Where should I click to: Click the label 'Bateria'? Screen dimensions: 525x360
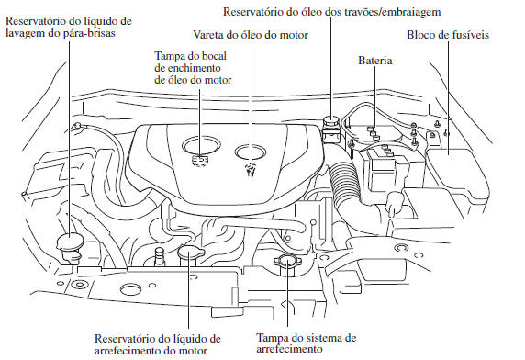point(375,61)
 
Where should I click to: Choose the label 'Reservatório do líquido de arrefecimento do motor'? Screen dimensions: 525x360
point(159,343)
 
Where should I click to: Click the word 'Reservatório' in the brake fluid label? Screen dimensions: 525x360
point(259,11)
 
